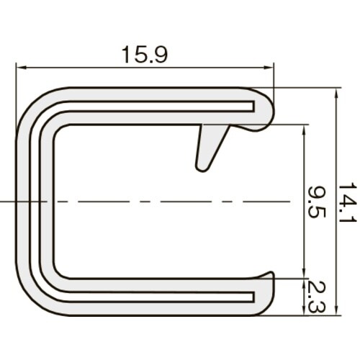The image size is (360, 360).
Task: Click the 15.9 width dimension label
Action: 145,55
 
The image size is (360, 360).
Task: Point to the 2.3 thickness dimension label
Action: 317,297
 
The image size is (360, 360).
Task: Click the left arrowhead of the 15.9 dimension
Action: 20,68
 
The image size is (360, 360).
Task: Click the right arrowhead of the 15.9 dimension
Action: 269,68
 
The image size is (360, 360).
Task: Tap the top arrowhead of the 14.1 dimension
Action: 336,93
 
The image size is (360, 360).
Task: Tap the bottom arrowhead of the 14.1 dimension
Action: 336,310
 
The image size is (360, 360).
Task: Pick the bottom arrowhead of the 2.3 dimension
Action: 305,310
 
